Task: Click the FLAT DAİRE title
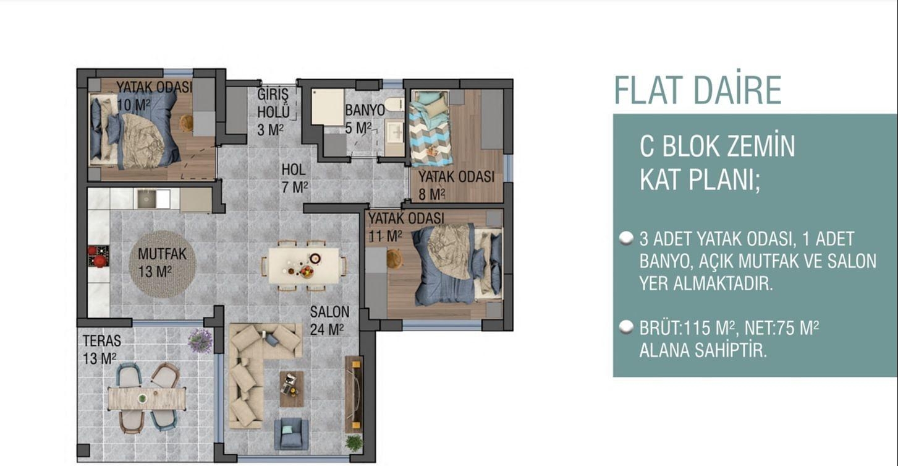pos(697,90)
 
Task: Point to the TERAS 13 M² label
pos(102,349)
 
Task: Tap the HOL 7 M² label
pos(295,178)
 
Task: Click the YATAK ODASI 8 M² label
pos(455,185)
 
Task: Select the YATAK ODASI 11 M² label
pos(405,227)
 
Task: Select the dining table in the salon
pos(303,265)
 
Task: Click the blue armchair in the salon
pos(291,433)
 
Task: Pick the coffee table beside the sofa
pos(291,389)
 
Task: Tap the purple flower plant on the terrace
pos(200,341)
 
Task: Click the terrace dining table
pos(147,397)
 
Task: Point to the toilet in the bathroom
pos(394,105)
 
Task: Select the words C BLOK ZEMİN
pos(717,147)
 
